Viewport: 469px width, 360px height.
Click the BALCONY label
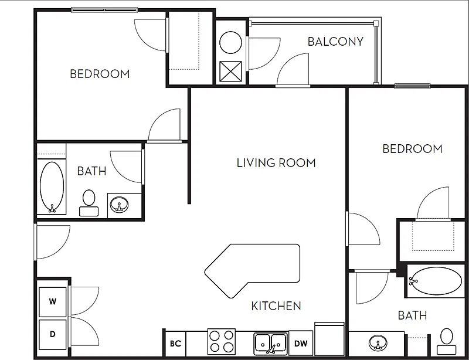point(335,42)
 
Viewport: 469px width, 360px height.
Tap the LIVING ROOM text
point(276,163)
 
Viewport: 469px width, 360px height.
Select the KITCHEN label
point(276,306)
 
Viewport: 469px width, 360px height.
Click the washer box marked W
point(53,302)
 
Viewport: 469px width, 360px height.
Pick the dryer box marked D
point(53,334)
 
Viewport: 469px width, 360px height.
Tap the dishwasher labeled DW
point(301,343)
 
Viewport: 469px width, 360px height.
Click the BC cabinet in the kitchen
point(175,343)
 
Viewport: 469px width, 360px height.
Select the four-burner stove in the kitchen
point(222,341)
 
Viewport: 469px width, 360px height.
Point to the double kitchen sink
point(271,344)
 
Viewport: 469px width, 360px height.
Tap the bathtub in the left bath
point(52,187)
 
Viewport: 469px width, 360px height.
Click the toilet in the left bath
point(89,203)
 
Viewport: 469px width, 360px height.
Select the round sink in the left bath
point(120,205)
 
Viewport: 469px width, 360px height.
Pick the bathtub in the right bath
point(435,281)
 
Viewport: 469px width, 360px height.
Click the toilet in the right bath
point(447,342)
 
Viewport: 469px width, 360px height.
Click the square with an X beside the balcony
point(230,71)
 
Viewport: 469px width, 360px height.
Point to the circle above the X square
point(230,43)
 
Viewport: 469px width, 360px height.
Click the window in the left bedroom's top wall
point(104,10)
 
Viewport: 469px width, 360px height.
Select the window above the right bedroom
point(413,86)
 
